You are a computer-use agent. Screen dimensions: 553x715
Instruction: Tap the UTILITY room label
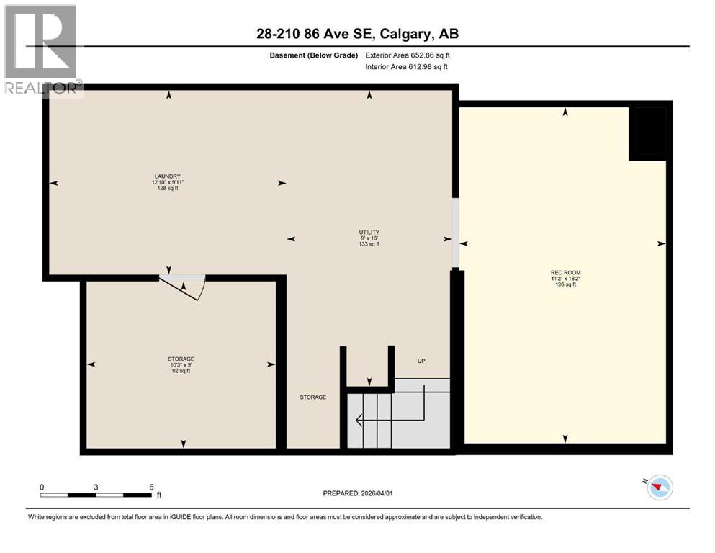click(x=369, y=232)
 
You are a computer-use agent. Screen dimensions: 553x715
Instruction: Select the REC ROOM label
click(x=565, y=272)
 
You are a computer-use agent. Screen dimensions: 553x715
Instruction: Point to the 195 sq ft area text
click(x=565, y=284)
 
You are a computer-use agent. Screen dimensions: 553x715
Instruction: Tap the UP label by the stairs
click(x=422, y=361)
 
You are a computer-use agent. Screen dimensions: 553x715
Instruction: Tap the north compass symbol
click(x=659, y=488)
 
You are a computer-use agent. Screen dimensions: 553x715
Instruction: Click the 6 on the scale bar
click(x=150, y=487)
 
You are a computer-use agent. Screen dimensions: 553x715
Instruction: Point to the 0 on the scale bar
click(x=42, y=487)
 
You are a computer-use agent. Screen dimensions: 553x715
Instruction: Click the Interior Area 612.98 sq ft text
click(x=406, y=66)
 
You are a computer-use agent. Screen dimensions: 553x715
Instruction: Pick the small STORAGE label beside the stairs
click(x=313, y=397)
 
